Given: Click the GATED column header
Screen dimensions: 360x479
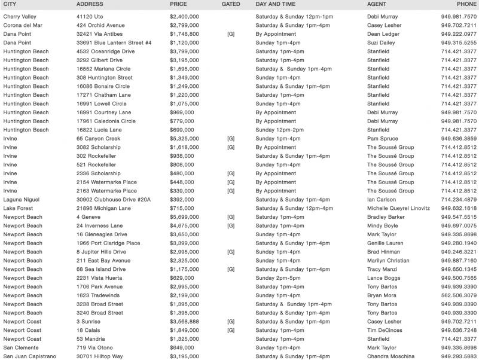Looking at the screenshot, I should tap(230, 4).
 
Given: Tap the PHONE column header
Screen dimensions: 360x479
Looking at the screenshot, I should tap(466, 4).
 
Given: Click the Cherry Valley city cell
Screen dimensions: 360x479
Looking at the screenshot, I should tap(20, 17).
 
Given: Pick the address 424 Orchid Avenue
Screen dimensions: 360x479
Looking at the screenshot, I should tap(101, 26).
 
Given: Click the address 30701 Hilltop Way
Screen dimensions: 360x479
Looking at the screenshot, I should tap(99, 356).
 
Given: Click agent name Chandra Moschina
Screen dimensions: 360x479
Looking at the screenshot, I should tap(390, 356).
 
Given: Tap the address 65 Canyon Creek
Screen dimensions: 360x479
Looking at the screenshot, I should tap(99, 139).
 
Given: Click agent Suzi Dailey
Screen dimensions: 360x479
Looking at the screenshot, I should tap(382, 43).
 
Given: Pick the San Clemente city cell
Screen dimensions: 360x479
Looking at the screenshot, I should tap(22, 347).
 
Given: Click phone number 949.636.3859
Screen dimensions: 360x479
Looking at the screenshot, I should tap(459, 139).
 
